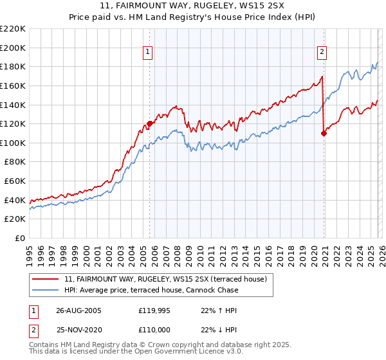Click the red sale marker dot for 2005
(150, 123)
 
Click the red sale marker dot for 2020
(324, 133)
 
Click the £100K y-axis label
(13, 143)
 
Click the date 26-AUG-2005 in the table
(78, 310)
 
